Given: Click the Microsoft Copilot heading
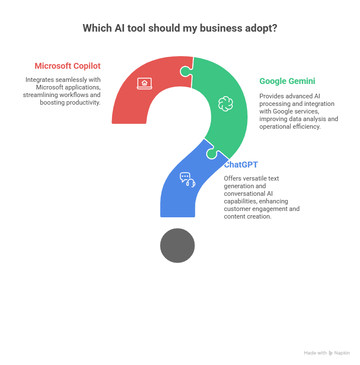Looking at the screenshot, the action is pyautogui.click(x=68, y=66).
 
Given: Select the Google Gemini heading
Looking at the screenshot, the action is pyautogui.click(x=287, y=81).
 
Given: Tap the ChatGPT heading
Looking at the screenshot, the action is pyautogui.click(x=241, y=165).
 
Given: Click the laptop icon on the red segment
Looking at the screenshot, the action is pyautogui.click(x=145, y=83).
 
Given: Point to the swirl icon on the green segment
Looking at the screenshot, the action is pyautogui.click(x=226, y=103).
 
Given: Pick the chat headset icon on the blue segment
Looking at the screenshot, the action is pyautogui.click(x=188, y=180).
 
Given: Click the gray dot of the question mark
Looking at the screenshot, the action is pyautogui.click(x=177, y=246).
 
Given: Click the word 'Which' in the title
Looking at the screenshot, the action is pyautogui.click(x=97, y=28).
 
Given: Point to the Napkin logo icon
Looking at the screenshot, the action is pyautogui.click(x=330, y=353).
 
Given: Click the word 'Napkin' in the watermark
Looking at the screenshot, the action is pyautogui.click(x=342, y=353).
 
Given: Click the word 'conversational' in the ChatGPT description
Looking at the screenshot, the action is pyautogui.click(x=241, y=194).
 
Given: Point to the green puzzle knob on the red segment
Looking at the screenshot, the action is pyautogui.click(x=186, y=71).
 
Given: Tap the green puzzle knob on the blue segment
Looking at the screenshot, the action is pyautogui.click(x=212, y=154).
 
